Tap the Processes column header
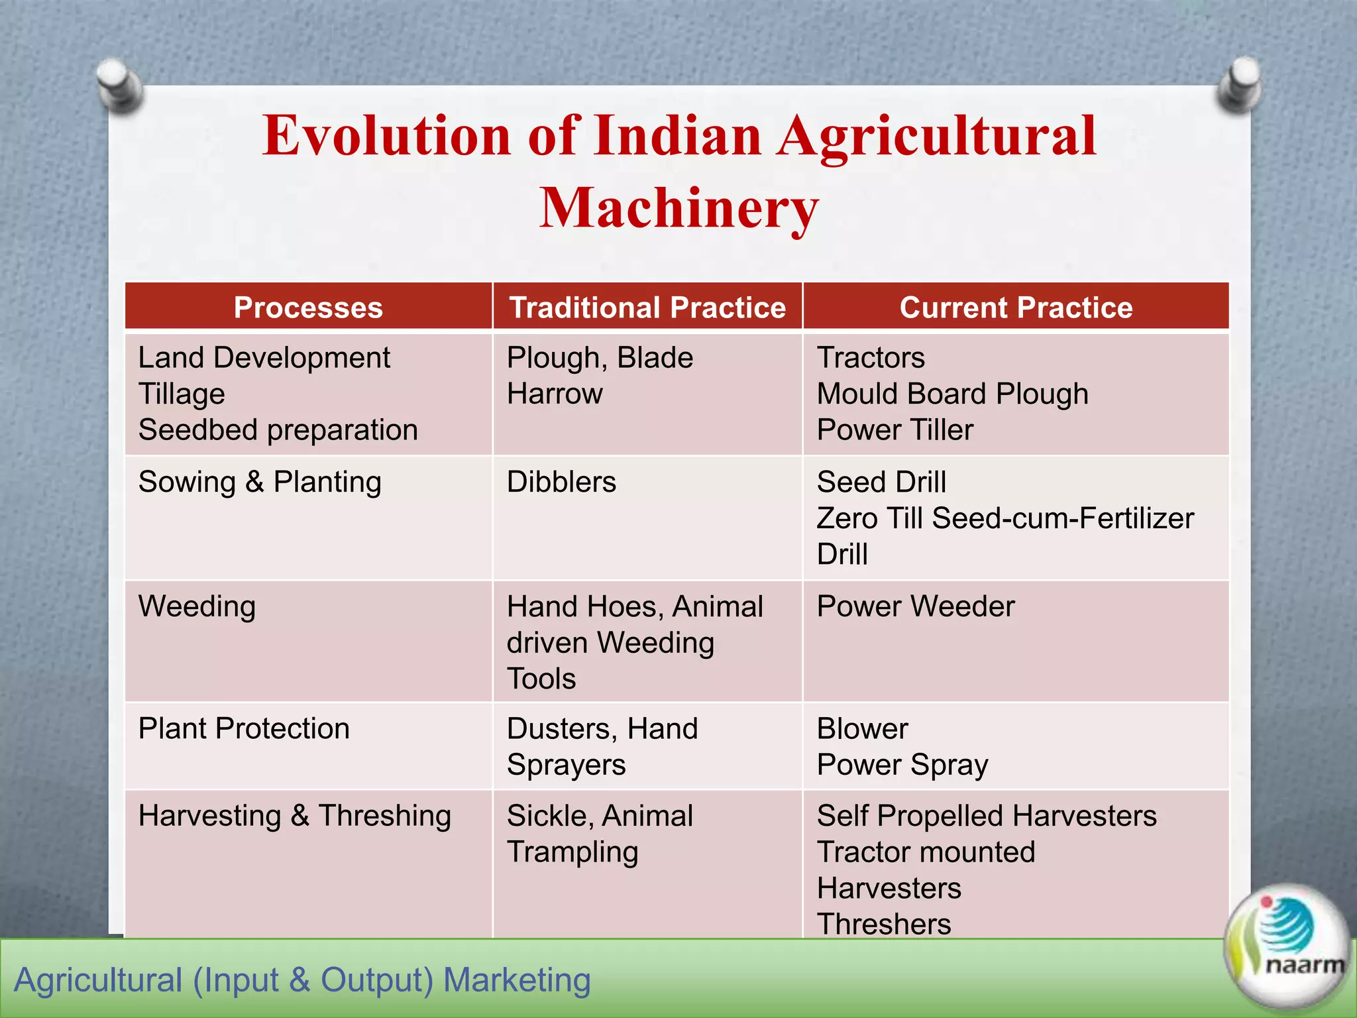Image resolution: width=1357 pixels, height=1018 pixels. click(308, 308)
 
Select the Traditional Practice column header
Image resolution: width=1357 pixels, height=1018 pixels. click(647, 308)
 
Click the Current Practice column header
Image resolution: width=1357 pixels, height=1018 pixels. click(1016, 308)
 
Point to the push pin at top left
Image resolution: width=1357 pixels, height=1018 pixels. click(119, 85)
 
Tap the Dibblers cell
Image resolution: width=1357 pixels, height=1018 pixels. click(561, 482)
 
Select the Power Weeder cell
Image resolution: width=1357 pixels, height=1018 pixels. click(916, 606)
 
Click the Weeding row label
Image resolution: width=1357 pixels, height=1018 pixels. click(197, 606)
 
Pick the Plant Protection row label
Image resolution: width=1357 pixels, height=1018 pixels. click(244, 728)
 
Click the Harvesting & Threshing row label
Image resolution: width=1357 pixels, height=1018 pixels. click(295, 816)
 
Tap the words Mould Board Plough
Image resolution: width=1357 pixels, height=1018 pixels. click(952, 394)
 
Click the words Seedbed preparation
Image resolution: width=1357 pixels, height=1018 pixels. click(278, 430)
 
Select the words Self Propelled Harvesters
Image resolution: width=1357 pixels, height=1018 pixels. click(987, 816)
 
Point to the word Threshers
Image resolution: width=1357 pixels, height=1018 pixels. click(884, 924)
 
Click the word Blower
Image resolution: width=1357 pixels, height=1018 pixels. click(862, 728)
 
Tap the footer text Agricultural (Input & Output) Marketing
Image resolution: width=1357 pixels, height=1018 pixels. click(302, 980)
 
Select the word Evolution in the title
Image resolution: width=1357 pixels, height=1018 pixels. click(386, 136)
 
